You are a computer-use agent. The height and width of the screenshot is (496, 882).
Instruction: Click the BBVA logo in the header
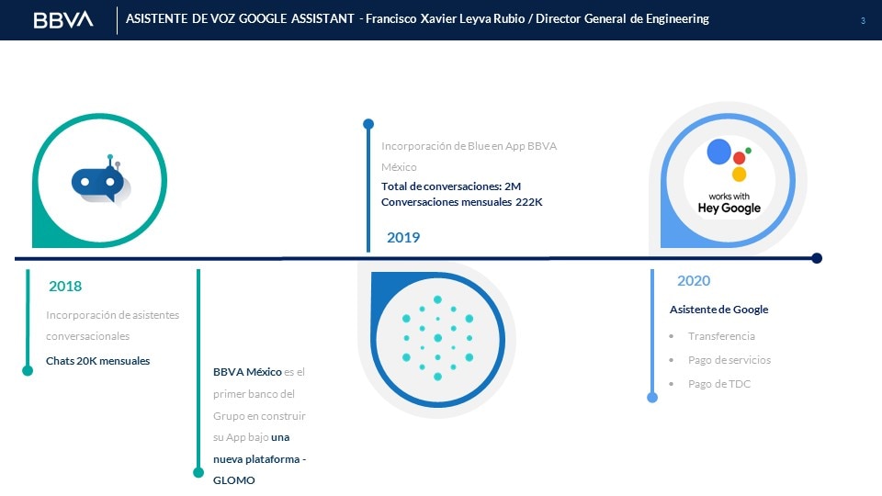click(63, 19)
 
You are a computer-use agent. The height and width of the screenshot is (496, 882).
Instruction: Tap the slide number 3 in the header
click(863, 21)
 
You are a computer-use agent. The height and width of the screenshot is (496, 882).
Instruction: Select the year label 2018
click(65, 287)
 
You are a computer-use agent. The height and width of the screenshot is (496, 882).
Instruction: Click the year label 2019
click(403, 237)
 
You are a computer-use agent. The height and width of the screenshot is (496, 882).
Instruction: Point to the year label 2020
click(694, 281)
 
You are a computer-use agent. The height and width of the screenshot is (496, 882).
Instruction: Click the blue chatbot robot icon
click(101, 181)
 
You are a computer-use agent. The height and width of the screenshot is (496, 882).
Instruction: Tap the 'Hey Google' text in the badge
click(729, 209)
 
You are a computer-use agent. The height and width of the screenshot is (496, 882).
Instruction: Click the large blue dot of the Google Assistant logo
click(718, 152)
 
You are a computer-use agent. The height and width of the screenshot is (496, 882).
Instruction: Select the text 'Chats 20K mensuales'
click(98, 361)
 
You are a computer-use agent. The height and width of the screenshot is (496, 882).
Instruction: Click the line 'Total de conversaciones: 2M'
click(451, 186)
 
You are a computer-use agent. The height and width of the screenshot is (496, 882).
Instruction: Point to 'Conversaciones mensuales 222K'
click(462, 202)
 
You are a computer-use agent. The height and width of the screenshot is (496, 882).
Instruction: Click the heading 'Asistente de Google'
click(718, 310)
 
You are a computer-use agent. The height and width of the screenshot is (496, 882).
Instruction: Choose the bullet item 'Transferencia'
click(722, 336)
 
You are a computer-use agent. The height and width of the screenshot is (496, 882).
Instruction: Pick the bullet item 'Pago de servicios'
click(729, 360)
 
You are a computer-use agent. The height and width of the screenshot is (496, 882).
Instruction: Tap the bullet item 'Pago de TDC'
click(719, 384)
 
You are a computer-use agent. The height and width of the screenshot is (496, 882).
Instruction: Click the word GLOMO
click(234, 480)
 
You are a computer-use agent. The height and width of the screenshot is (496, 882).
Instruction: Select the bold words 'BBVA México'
click(247, 372)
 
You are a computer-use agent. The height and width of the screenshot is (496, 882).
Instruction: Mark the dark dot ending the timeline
click(817, 258)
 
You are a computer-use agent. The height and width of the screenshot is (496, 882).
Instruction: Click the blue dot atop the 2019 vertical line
click(368, 124)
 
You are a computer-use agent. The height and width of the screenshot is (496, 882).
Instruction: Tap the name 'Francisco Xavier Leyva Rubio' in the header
click(445, 19)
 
